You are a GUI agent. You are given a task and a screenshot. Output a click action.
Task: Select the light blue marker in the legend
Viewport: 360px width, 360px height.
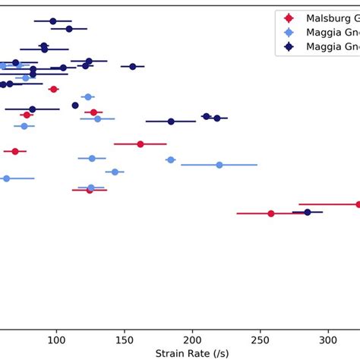click(287, 33)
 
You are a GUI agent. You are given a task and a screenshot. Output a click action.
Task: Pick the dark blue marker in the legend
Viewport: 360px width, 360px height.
click(287, 47)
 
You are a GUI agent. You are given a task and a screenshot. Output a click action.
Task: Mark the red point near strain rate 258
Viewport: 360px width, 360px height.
click(271, 213)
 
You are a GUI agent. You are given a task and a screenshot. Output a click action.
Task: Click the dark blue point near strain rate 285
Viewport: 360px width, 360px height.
click(308, 212)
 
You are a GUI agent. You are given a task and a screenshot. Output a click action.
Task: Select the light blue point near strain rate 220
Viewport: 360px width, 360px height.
click(219, 165)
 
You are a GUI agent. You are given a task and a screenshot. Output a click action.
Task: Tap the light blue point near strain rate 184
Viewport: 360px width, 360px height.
click(170, 159)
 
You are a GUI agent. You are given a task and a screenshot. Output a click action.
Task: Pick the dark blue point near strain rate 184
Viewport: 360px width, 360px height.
click(171, 121)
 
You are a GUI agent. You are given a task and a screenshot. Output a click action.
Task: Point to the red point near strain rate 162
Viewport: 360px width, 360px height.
click(141, 144)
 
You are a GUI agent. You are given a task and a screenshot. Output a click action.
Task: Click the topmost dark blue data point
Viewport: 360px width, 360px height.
click(53, 21)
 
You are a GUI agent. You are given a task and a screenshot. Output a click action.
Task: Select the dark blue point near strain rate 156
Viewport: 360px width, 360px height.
click(133, 67)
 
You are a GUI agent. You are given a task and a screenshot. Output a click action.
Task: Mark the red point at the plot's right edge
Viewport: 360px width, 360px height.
click(358, 204)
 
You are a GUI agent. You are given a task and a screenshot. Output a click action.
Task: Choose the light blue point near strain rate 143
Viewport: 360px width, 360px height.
click(115, 172)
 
